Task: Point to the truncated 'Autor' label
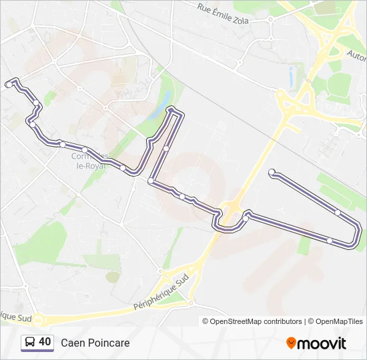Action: (x=356, y=53)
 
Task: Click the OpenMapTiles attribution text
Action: (x=340, y=321)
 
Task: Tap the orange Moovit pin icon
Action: (x=291, y=343)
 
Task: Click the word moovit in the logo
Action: (x=322, y=343)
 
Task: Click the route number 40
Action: (x=45, y=342)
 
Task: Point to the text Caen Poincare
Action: (x=95, y=343)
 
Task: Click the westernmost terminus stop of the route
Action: (x=9, y=85)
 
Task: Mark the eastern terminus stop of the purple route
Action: (x=272, y=173)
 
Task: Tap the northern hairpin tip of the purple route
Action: (x=174, y=109)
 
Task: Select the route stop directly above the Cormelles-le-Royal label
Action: (x=85, y=149)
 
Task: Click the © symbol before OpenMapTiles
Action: (x=310, y=321)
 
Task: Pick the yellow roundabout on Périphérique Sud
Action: (x=37, y=320)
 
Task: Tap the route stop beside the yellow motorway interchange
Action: (x=246, y=218)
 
